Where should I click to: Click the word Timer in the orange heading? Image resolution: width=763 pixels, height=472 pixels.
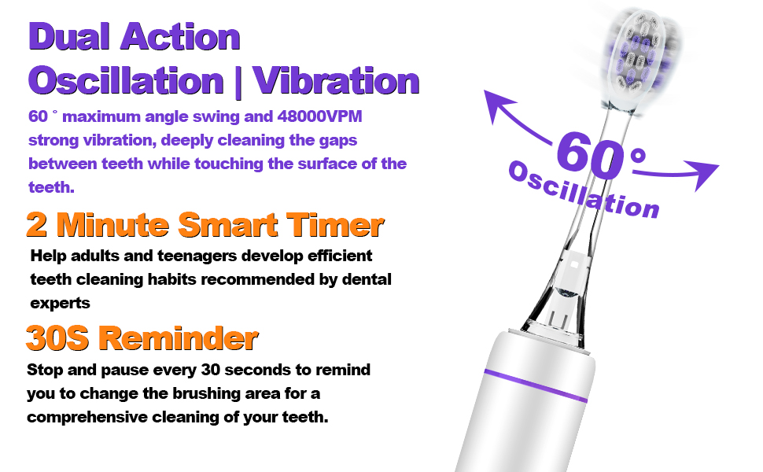pyautogui.click(x=337, y=225)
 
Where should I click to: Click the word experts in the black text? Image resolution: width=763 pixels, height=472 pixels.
pyautogui.click(x=61, y=302)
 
